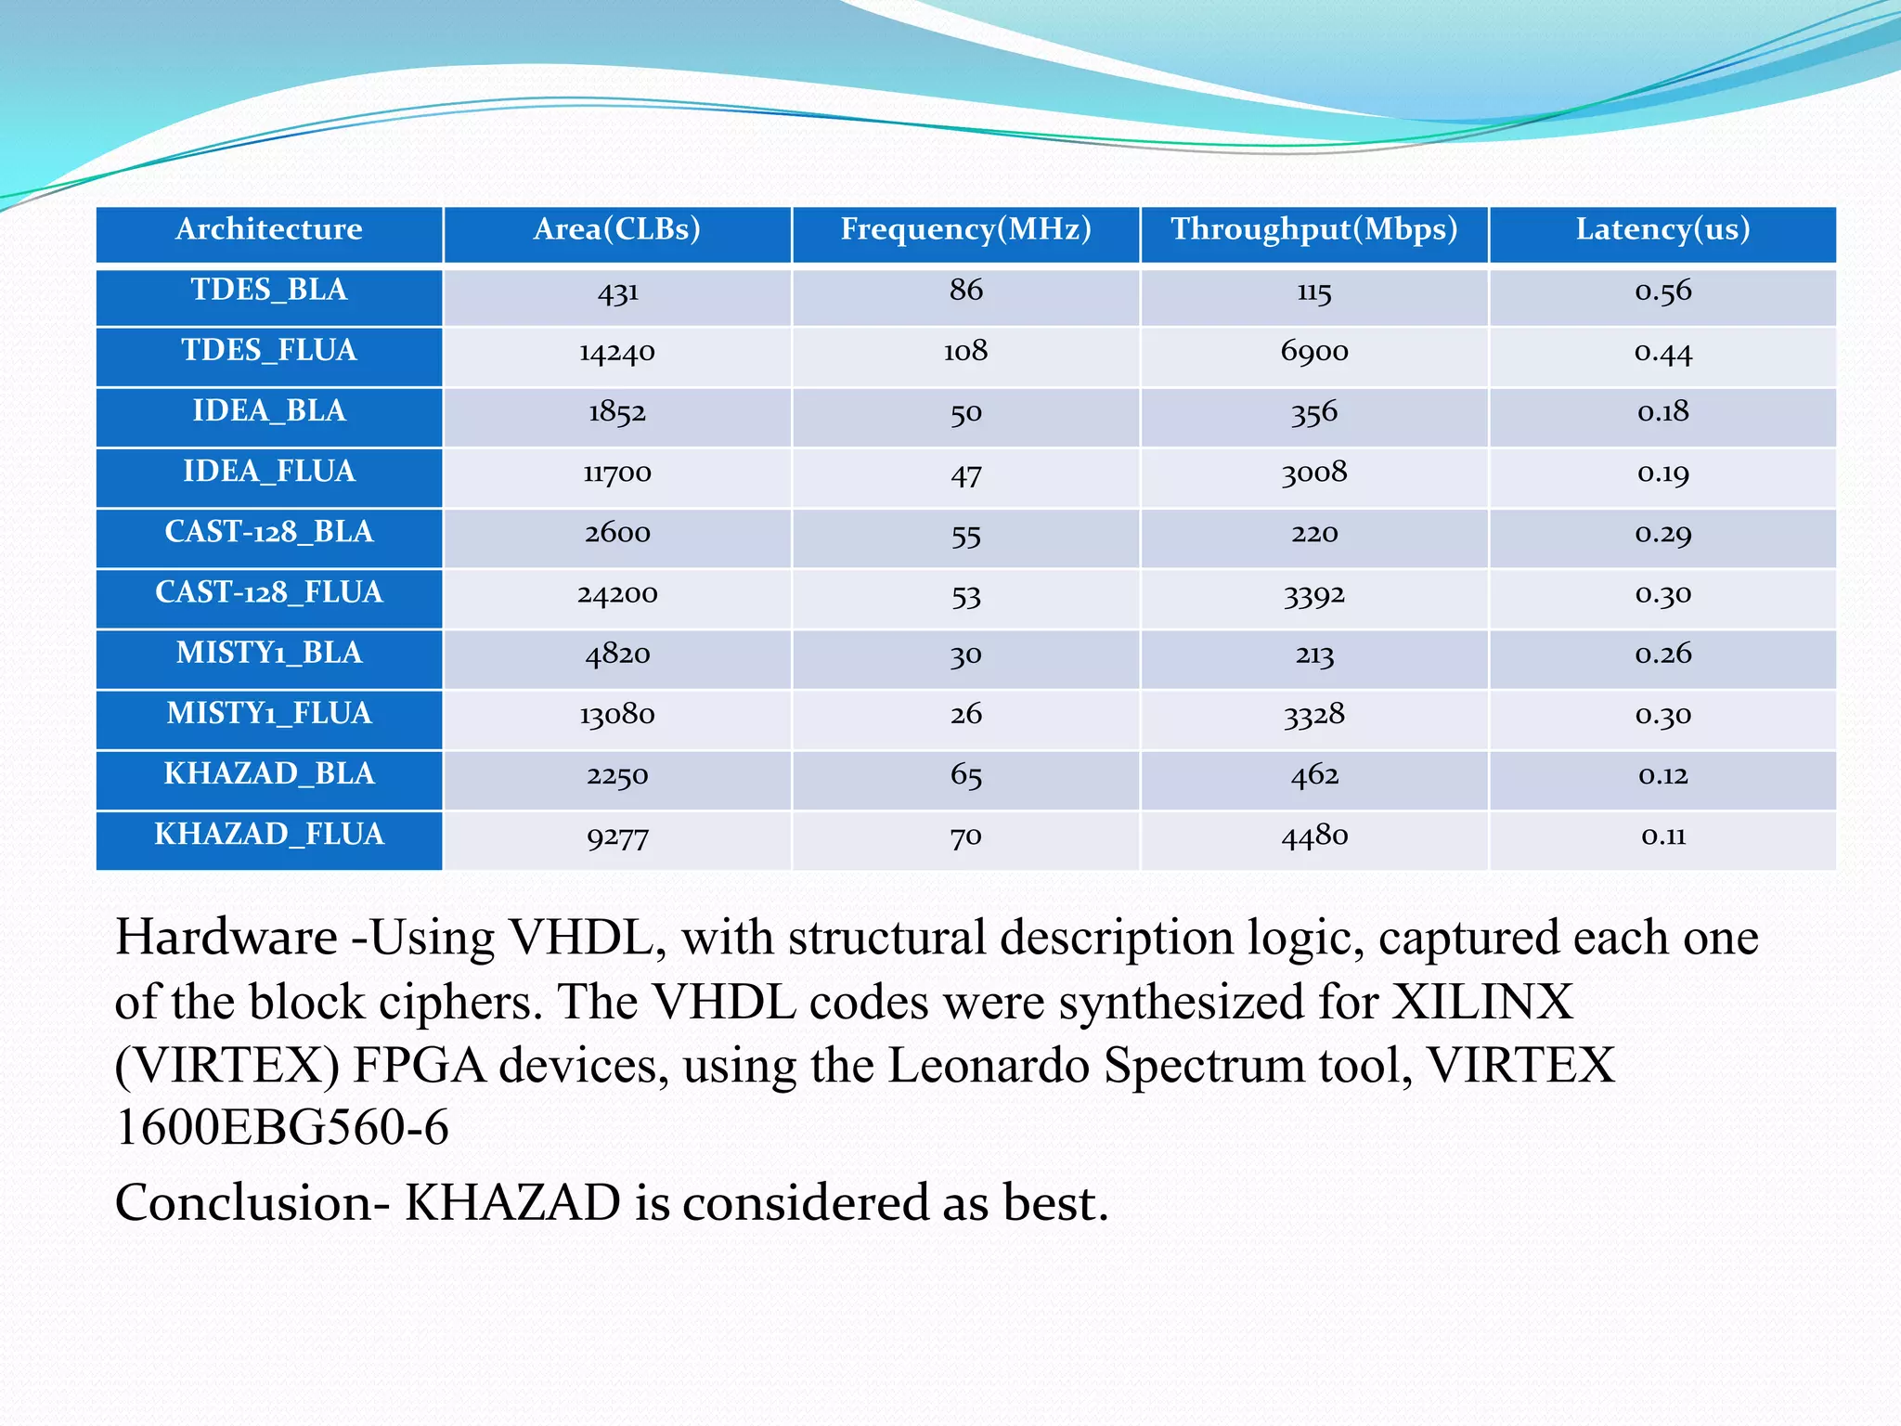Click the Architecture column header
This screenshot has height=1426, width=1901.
tap(269, 229)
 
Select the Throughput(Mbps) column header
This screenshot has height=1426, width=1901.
tap(1313, 229)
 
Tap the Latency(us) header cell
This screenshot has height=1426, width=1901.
tap(1662, 229)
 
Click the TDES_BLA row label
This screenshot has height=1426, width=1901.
tap(269, 291)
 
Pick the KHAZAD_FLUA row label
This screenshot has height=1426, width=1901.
tap(269, 835)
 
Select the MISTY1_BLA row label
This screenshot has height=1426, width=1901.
tap(269, 654)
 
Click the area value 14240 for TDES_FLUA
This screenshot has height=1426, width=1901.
tap(617, 353)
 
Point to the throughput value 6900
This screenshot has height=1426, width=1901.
tap(1313, 352)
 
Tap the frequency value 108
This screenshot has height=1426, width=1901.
tap(965, 352)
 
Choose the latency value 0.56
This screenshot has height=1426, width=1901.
tap(1662, 292)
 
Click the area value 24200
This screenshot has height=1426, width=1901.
tap(617, 594)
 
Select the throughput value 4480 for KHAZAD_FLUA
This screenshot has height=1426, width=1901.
tap(1313, 836)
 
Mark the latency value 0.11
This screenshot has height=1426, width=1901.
tap(1662, 836)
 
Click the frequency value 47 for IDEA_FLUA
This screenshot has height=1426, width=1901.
tap(965, 475)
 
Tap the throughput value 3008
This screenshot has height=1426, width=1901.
tap(1313, 473)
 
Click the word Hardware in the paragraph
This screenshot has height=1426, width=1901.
tap(226, 938)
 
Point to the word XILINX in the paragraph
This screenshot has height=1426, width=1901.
tap(1482, 1003)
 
